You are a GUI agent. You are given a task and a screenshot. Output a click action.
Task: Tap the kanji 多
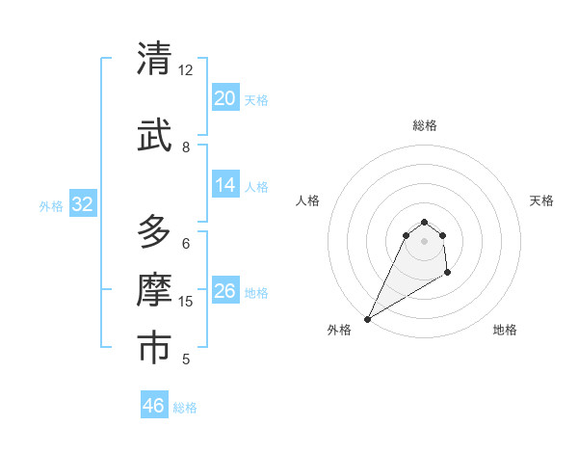[155, 232]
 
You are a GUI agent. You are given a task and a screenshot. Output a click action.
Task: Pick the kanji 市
[155, 348]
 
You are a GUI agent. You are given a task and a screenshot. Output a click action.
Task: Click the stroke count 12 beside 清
[186, 70]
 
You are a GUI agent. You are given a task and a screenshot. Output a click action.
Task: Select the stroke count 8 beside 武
[186, 147]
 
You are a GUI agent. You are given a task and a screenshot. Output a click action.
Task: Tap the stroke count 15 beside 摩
[186, 302]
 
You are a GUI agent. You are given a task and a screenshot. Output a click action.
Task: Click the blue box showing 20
[224, 97]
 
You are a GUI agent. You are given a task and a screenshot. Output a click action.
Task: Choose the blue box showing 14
[224, 185]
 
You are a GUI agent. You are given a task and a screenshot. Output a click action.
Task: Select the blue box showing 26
[224, 291]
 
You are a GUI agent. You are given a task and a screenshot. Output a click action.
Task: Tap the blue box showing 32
[82, 203]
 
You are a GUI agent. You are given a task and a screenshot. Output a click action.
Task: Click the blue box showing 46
[154, 405]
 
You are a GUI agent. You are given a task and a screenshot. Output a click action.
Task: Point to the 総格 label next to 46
[185, 408]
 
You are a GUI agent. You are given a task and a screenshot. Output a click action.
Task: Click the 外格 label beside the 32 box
[51, 205]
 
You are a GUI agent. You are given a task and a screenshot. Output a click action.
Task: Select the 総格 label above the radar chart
[424, 125]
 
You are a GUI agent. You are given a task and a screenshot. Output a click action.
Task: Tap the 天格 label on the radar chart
[541, 200]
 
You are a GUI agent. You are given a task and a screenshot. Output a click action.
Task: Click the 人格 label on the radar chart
[308, 200]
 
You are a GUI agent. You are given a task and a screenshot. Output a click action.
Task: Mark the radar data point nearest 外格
[367, 319]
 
